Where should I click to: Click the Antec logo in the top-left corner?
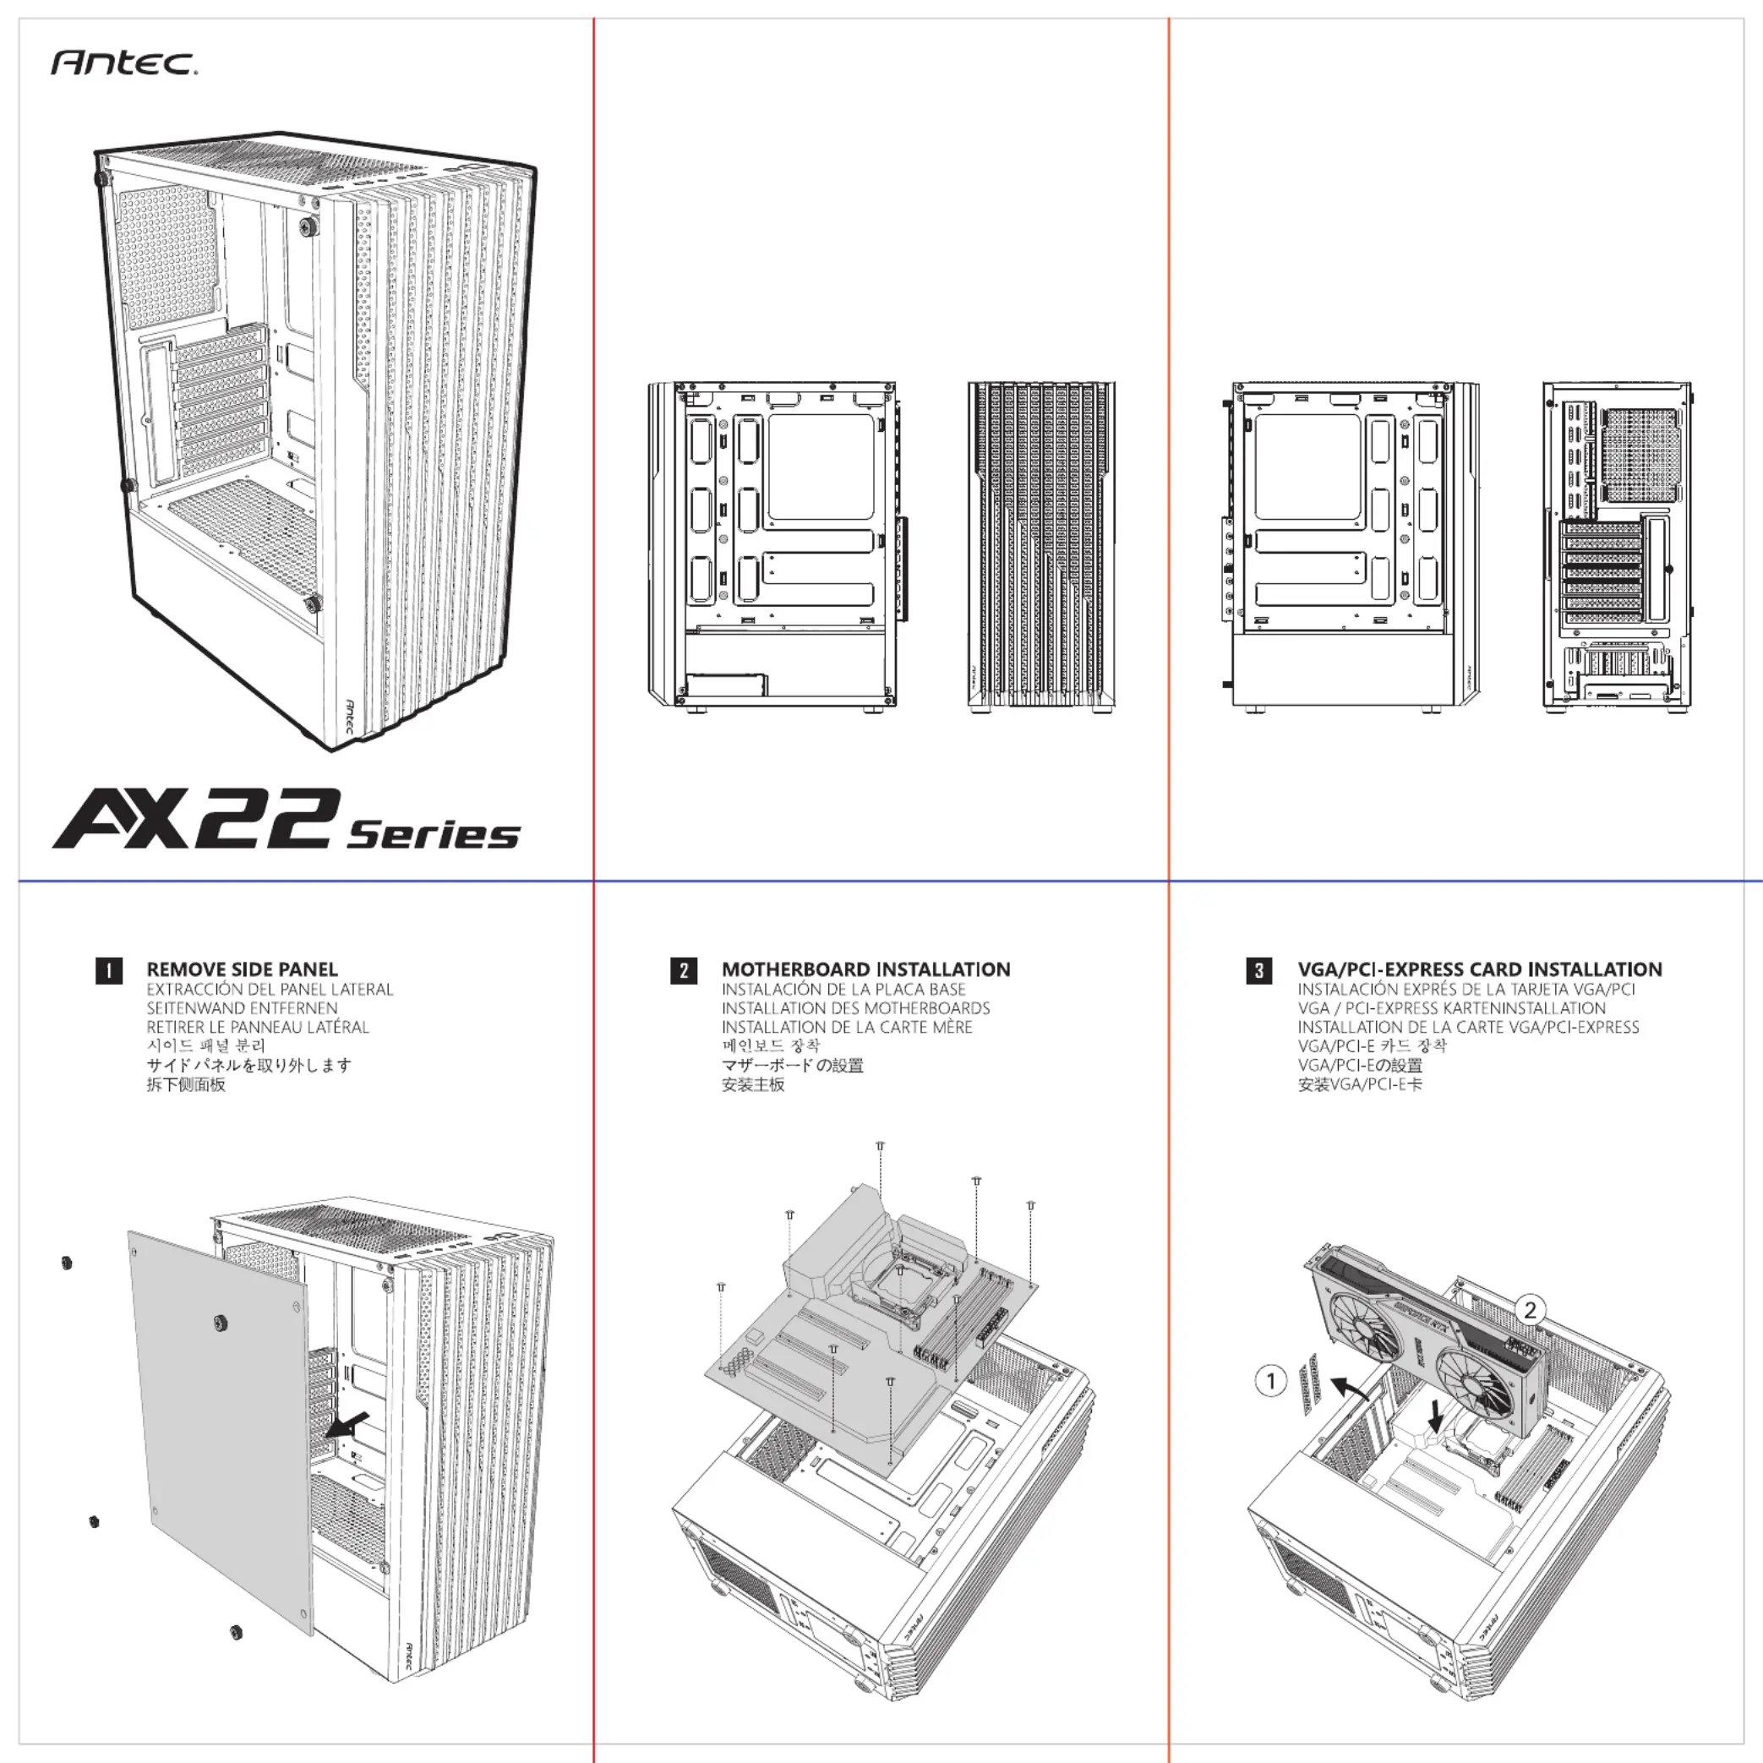[x=124, y=63]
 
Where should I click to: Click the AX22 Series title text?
[x=286, y=821]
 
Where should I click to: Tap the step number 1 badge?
[x=108, y=970]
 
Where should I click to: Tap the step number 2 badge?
[x=684, y=970]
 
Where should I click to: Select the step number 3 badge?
[x=1259, y=970]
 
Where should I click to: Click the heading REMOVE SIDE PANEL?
[x=242, y=969]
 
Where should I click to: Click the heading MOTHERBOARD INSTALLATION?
[x=866, y=969]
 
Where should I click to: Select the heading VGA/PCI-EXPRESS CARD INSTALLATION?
[x=1479, y=969]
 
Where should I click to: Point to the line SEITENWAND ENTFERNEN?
[x=242, y=1008]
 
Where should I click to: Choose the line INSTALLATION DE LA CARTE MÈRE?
[x=847, y=1028]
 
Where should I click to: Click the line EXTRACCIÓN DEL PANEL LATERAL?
[x=270, y=989]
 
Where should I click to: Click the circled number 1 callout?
[x=1271, y=1381]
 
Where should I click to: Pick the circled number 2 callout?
[x=1531, y=1310]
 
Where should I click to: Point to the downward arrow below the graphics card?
[x=1436, y=1417]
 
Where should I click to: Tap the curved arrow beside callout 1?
[x=1349, y=1387]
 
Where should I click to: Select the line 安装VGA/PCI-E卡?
[x=1360, y=1085]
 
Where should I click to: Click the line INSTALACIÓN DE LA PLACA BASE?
[x=843, y=989]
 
